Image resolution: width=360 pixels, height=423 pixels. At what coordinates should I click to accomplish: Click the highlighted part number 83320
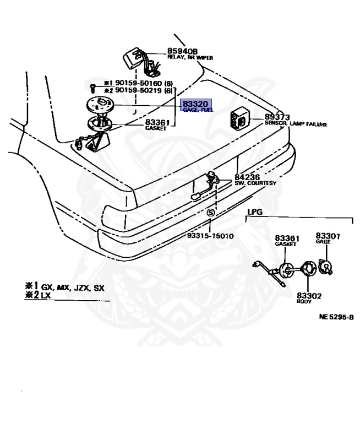(x=195, y=104)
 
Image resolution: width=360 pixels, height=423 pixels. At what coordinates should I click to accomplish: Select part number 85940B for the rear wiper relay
(x=183, y=51)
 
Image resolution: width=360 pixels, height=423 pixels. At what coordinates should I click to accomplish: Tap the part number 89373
(x=277, y=117)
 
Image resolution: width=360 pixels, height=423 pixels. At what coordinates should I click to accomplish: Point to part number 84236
(x=247, y=177)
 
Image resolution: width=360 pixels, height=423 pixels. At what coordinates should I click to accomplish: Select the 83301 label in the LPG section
(x=328, y=236)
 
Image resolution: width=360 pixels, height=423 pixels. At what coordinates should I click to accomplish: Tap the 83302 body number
(x=309, y=295)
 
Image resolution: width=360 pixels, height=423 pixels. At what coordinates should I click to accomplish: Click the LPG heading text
(x=254, y=211)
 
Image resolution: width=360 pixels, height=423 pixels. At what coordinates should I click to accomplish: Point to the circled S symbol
(x=210, y=213)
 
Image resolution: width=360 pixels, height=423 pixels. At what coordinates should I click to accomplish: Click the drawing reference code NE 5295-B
(x=336, y=318)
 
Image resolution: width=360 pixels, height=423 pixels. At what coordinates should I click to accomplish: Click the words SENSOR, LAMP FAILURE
(x=296, y=124)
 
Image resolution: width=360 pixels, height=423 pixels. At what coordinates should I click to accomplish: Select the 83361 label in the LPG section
(x=287, y=238)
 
